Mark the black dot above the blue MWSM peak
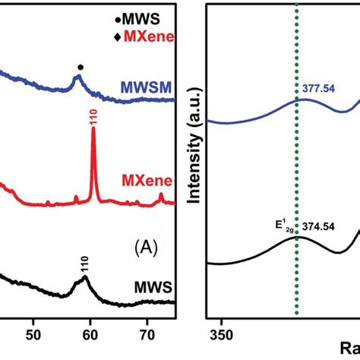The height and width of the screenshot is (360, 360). pos(81,67)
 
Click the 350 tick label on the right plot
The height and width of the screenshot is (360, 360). pos(221,333)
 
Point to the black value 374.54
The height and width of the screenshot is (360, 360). pos(322,226)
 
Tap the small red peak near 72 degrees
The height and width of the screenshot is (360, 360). pos(161,196)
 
